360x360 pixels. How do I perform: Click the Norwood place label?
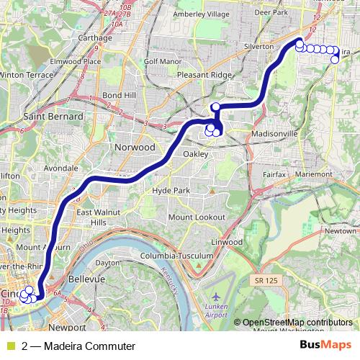pyautogui.click(x=135, y=147)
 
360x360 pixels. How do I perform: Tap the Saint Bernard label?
pyautogui.click(x=53, y=116)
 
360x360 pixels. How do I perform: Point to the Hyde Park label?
pyautogui.click(x=171, y=190)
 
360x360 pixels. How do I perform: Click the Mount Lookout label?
pyautogui.click(x=197, y=217)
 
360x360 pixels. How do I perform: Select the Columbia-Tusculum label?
pyautogui.click(x=177, y=256)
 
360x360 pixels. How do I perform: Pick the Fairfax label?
pyautogui.click(x=269, y=174)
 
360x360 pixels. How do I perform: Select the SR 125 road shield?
pyautogui.click(x=266, y=279)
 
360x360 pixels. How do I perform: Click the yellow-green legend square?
pyautogui.click(x=10, y=346)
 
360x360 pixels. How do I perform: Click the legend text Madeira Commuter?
pyautogui.click(x=78, y=346)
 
